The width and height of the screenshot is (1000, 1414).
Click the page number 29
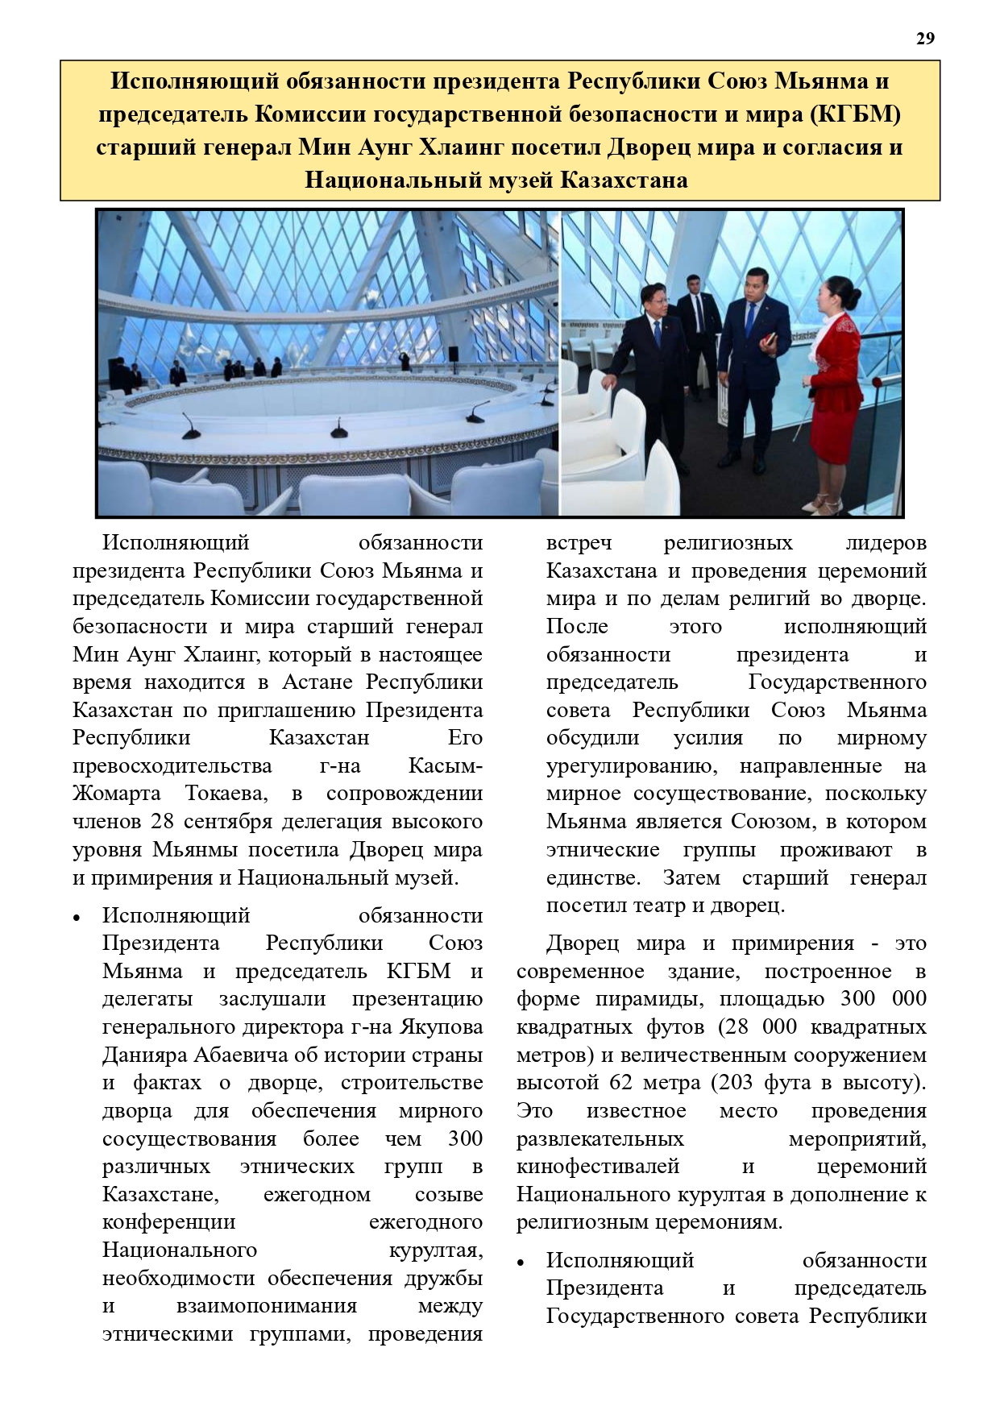point(925,39)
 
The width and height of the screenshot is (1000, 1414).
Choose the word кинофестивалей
point(598,1166)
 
